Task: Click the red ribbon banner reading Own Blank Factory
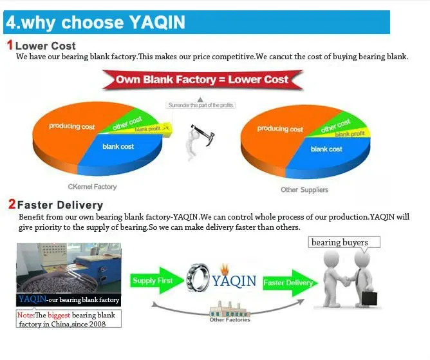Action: tap(202, 80)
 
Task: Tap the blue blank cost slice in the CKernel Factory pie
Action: tap(120, 151)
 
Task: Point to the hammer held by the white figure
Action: tap(204, 134)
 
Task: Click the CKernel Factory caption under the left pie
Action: tap(92, 187)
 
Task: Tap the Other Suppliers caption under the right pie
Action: tap(304, 189)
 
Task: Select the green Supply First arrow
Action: tap(156, 280)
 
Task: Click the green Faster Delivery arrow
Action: tap(290, 283)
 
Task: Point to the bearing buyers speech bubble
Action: tap(344, 243)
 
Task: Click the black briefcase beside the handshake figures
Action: tap(369, 298)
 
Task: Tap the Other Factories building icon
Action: tap(230, 309)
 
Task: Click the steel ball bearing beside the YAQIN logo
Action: tap(198, 278)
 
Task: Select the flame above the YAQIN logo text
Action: tap(225, 269)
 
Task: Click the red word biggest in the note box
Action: tap(59, 315)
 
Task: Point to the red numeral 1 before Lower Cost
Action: tap(10, 45)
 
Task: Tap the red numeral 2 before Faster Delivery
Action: tap(12, 204)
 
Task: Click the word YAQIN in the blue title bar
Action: tap(157, 22)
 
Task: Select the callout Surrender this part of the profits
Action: tap(201, 105)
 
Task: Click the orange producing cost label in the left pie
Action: tap(72, 126)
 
